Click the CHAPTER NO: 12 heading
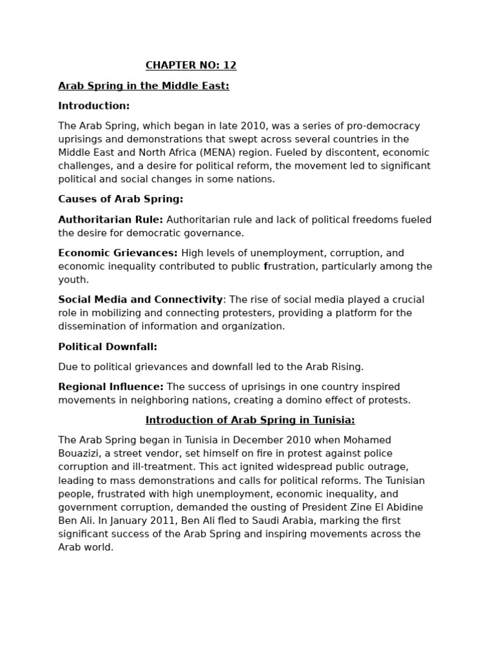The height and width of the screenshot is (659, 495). pyautogui.click(x=191, y=66)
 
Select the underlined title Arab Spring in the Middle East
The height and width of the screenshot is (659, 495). pyautogui.click(x=144, y=86)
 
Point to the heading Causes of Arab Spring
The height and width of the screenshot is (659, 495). pyautogui.click(x=121, y=199)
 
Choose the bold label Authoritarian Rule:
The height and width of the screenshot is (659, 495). pyautogui.click(x=110, y=219)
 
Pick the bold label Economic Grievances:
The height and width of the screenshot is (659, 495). pyautogui.click(x=118, y=253)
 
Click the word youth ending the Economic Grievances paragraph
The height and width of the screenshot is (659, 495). pyautogui.click(x=73, y=280)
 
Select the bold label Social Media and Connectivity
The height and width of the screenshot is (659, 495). pyautogui.click(x=141, y=299)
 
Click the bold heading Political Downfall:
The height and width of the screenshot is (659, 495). pyautogui.click(x=108, y=347)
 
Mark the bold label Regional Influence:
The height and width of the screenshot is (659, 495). pyautogui.click(x=111, y=387)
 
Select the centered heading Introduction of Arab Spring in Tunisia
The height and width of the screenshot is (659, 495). pyautogui.click(x=250, y=420)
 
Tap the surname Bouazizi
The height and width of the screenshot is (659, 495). pyautogui.click(x=81, y=454)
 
